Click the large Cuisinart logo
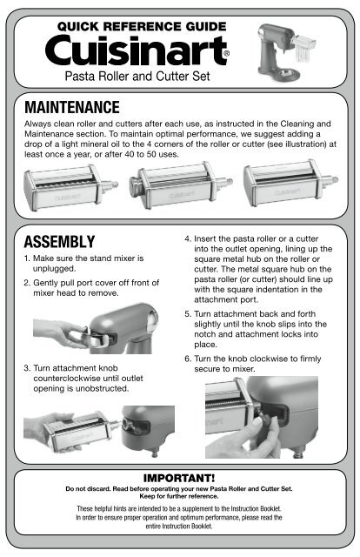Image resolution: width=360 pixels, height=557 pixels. click(x=137, y=50)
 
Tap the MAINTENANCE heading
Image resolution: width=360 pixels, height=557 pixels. click(x=72, y=107)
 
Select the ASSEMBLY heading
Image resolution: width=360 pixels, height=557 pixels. click(x=59, y=242)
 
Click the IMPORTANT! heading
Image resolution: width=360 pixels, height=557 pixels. click(x=179, y=478)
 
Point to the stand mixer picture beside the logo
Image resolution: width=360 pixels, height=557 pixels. click(x=285, y=52)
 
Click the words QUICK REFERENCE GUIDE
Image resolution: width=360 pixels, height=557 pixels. click(x=142, y=26)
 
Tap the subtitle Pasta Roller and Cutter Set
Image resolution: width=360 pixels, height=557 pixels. click(x=137, y=76)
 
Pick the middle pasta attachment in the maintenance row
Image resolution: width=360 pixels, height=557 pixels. click(x=180, y=185)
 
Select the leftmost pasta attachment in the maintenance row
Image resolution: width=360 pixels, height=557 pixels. click(x=70, y=187)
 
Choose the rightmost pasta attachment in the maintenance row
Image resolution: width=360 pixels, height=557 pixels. click(x=290, y=183)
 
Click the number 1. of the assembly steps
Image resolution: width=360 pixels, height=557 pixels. click(x=27, y=258)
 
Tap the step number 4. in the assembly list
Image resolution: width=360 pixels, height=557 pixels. click(x=188, y=238)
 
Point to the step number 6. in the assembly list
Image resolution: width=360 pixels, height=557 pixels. click(x=188, y=359)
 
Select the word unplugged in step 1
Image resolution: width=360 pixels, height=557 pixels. click(x=54, y=269)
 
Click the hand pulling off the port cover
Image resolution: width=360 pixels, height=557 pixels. click(x=60, y=332)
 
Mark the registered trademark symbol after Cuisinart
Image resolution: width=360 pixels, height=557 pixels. click(x=227, y=54)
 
